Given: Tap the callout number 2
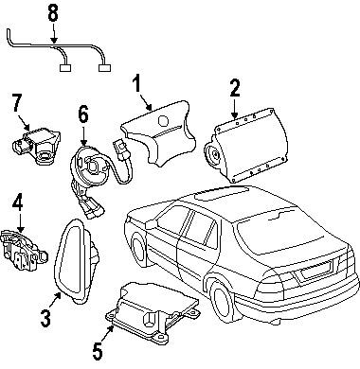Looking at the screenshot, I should (233, 90).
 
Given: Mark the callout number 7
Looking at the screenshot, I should (17, 101).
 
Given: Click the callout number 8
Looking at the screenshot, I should (53, 14).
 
